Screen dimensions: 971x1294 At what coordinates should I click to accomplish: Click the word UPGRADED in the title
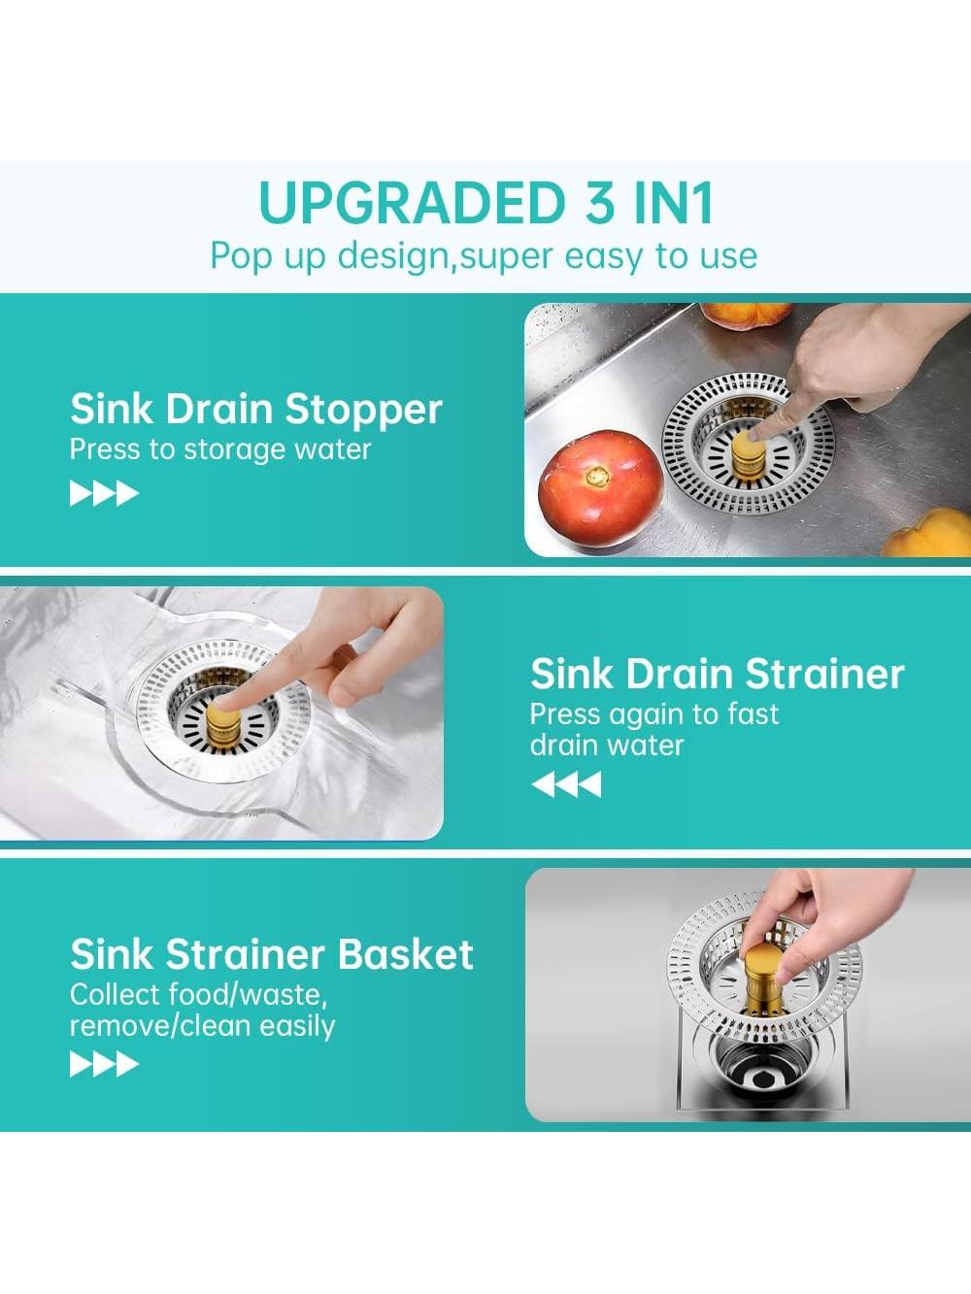click(x=412, y=203)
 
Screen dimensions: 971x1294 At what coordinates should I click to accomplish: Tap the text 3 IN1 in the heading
click(x=651, y=203)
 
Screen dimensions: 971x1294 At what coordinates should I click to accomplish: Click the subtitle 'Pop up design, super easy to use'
click(x=484, y=257)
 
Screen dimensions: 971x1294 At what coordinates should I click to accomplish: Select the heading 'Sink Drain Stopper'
click(x=256, y=409)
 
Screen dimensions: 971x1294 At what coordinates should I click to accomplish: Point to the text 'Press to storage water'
click(x=219, y=449)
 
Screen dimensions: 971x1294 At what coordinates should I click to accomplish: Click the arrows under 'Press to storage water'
click(x=104, y=493)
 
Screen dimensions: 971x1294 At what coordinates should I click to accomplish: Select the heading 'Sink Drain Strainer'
click(x=717, y=674)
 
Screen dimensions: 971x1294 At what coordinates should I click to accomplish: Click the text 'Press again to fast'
click(x=654, y=713)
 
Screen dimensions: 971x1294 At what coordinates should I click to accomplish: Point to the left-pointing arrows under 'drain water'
click(x=566, y=784)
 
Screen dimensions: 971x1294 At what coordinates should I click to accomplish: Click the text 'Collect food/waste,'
click(x=199, y=996)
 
